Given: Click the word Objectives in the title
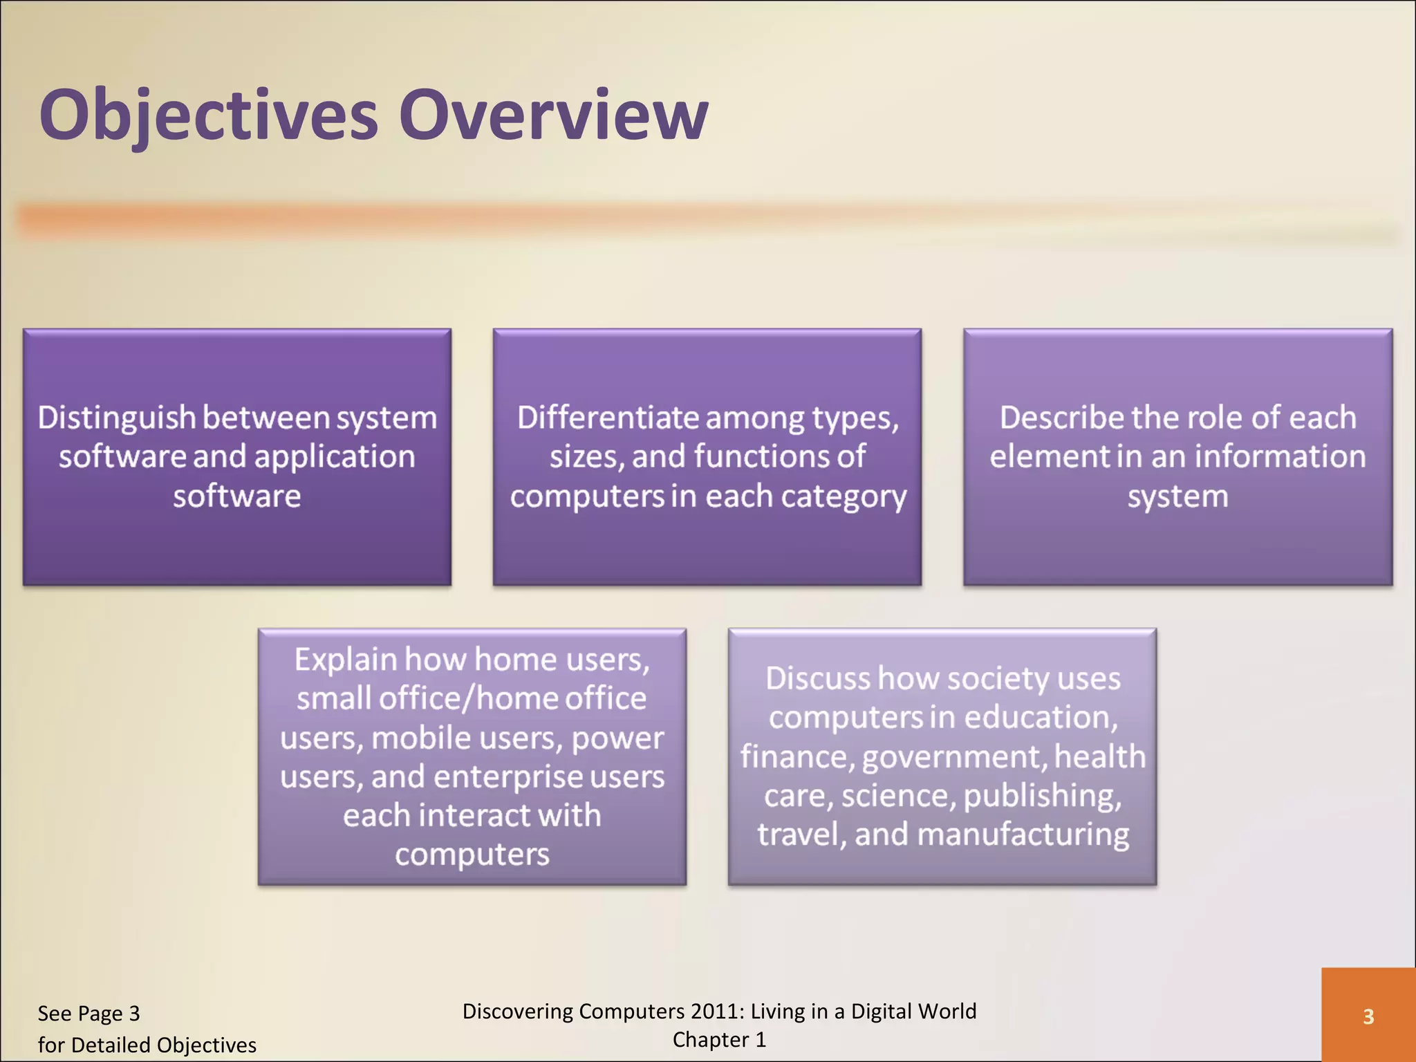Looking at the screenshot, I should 209,115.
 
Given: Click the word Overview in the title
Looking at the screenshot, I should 553,115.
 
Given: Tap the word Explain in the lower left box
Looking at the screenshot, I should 346,659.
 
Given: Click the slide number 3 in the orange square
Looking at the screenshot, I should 1368,1016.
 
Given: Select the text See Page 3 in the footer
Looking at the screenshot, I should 88,1014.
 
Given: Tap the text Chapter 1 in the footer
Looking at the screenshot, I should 719,1040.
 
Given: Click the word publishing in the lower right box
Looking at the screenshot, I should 1041,796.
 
